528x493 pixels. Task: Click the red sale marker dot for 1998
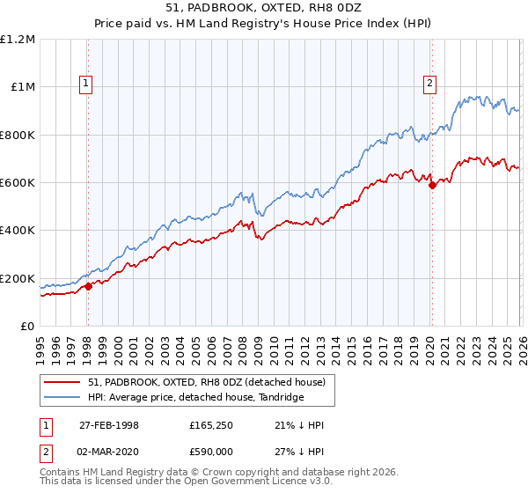click(89, 286)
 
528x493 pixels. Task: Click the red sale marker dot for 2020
click(432, 185)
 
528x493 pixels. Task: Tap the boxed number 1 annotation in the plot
click(86, 85)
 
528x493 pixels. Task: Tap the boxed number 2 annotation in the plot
click(429, 85)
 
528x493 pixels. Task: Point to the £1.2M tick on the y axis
click(18, 40)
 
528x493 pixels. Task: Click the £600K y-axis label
click(18, 183)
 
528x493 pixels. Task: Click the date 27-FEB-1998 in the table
click(109, 425)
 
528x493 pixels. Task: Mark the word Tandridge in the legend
click(278, 398)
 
